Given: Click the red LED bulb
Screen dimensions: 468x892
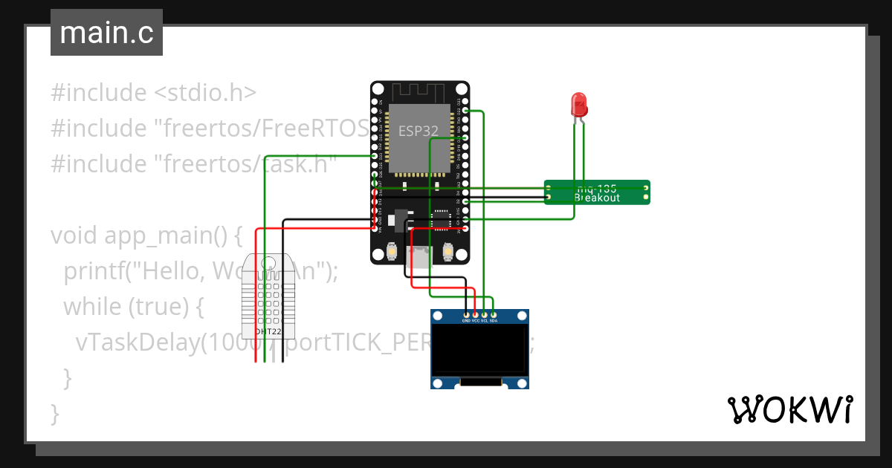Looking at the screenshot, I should tap(578, 104).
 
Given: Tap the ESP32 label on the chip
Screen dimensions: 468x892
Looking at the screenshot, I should tap(418, 131).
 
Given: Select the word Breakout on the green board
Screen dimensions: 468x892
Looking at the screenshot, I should tap(597, 198).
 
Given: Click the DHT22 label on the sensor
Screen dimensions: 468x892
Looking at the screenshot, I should tap(268, 331).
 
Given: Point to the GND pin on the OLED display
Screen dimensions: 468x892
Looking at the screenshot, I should tap(466, 316).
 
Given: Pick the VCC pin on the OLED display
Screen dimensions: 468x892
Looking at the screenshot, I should tap(475, 316).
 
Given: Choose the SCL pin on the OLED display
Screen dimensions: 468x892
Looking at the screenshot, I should tap(484, 316).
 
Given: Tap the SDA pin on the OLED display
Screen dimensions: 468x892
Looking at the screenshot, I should tap(493, 316).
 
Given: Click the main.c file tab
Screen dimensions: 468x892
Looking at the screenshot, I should tap(106, 33).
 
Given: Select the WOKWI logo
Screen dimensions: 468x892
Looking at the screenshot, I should tap(789, 409).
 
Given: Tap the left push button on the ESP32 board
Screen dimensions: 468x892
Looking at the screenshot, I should tap(391, 253).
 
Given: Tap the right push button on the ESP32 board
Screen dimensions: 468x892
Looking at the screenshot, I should tap(448, 253).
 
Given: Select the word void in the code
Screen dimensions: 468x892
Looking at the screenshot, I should tap(75, 235).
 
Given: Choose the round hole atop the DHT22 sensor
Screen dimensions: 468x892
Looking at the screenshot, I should tap(268, 262).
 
